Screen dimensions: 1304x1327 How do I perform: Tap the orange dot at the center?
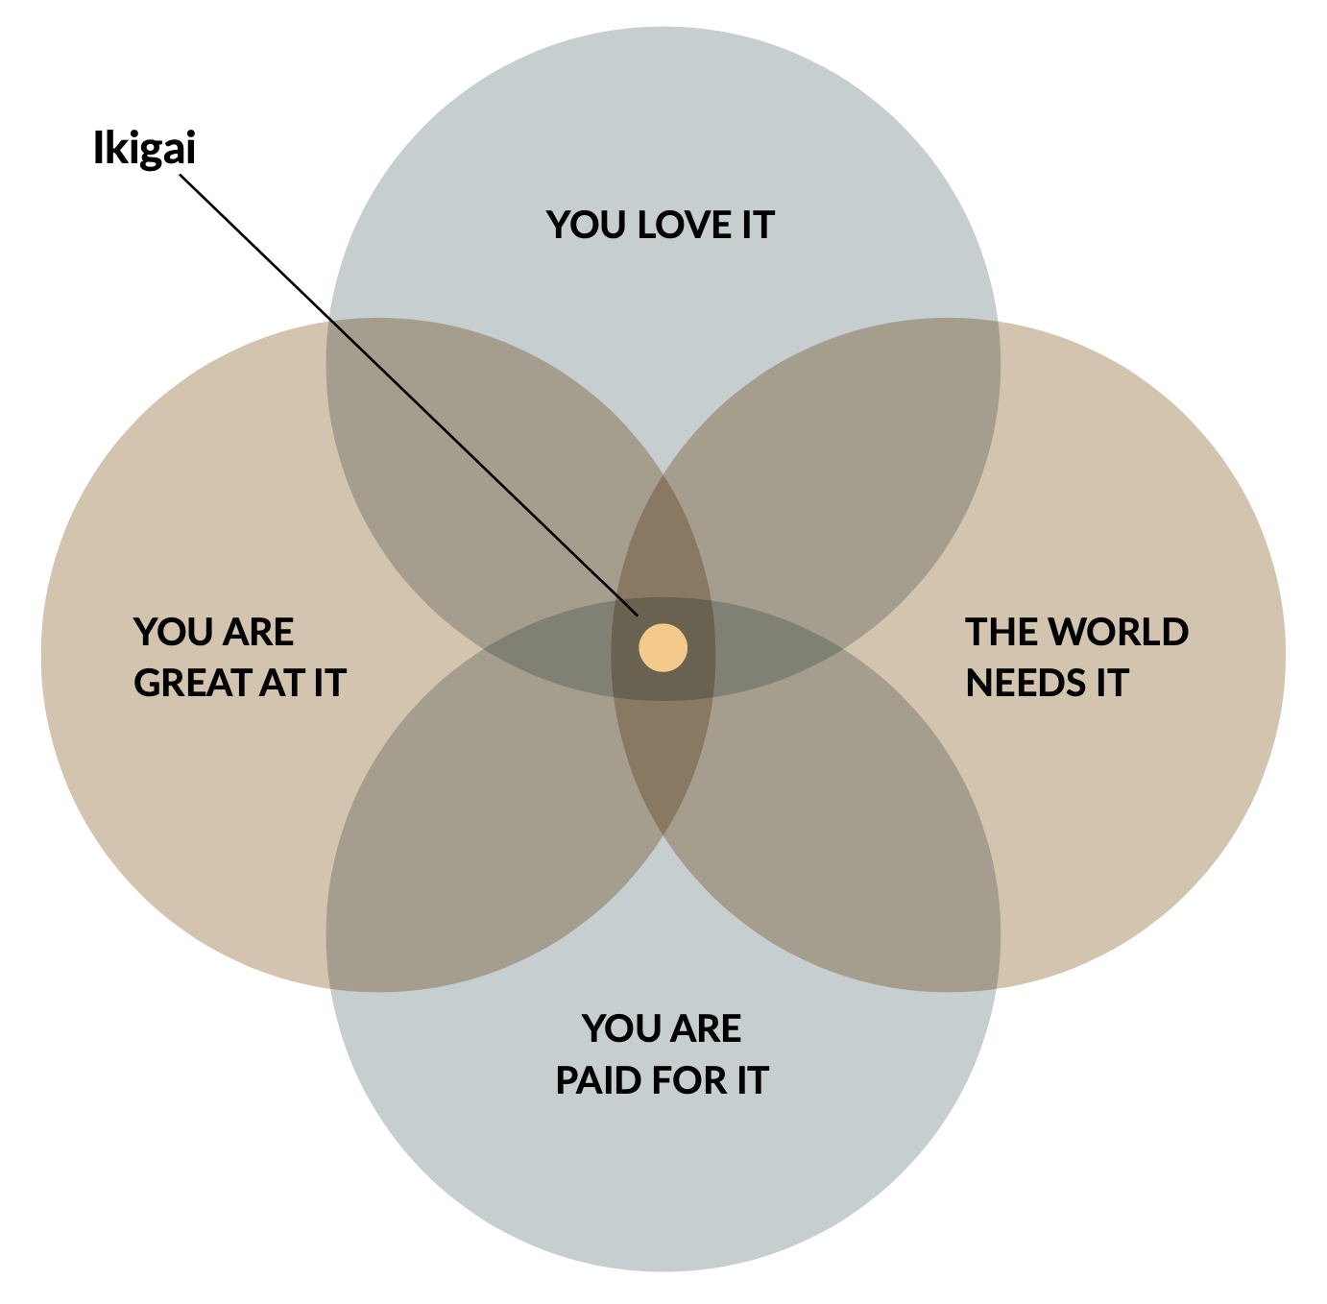663,647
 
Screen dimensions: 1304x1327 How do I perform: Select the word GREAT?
192,683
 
